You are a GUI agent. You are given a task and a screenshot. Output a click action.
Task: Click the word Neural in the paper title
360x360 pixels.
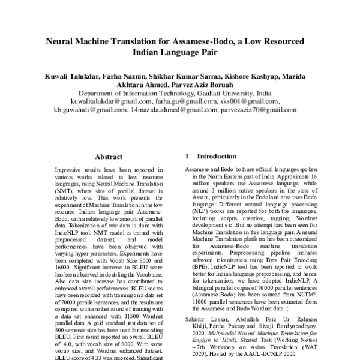pos(63,41)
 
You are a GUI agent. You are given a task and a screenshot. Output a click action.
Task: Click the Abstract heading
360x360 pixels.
pos(109,156)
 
